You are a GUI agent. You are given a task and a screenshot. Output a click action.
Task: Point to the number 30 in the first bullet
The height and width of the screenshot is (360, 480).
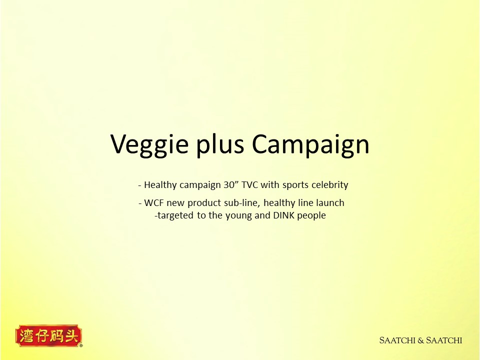[x=228, y=185]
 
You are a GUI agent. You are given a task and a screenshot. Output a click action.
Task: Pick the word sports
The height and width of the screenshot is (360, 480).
[x=295, y=185]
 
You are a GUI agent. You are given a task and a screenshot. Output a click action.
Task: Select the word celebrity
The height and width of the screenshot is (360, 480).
[x=329, y=185]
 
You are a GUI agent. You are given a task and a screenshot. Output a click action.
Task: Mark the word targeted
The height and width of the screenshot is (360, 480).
[x=175, y=216]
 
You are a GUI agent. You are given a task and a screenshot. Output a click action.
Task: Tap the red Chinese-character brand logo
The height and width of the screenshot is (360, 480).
[x=48, y=336]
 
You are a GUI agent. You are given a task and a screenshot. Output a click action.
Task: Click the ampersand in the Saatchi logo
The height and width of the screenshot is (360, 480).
[x=420, y=340]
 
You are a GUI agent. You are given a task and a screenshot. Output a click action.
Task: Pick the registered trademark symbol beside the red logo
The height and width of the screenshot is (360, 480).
[x=81, y=345]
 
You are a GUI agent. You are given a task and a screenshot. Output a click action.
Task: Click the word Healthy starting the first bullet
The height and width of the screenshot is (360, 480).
[x=160, y=185]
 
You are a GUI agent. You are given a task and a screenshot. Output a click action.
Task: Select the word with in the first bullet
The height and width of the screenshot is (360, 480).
[x=270, y=185]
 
